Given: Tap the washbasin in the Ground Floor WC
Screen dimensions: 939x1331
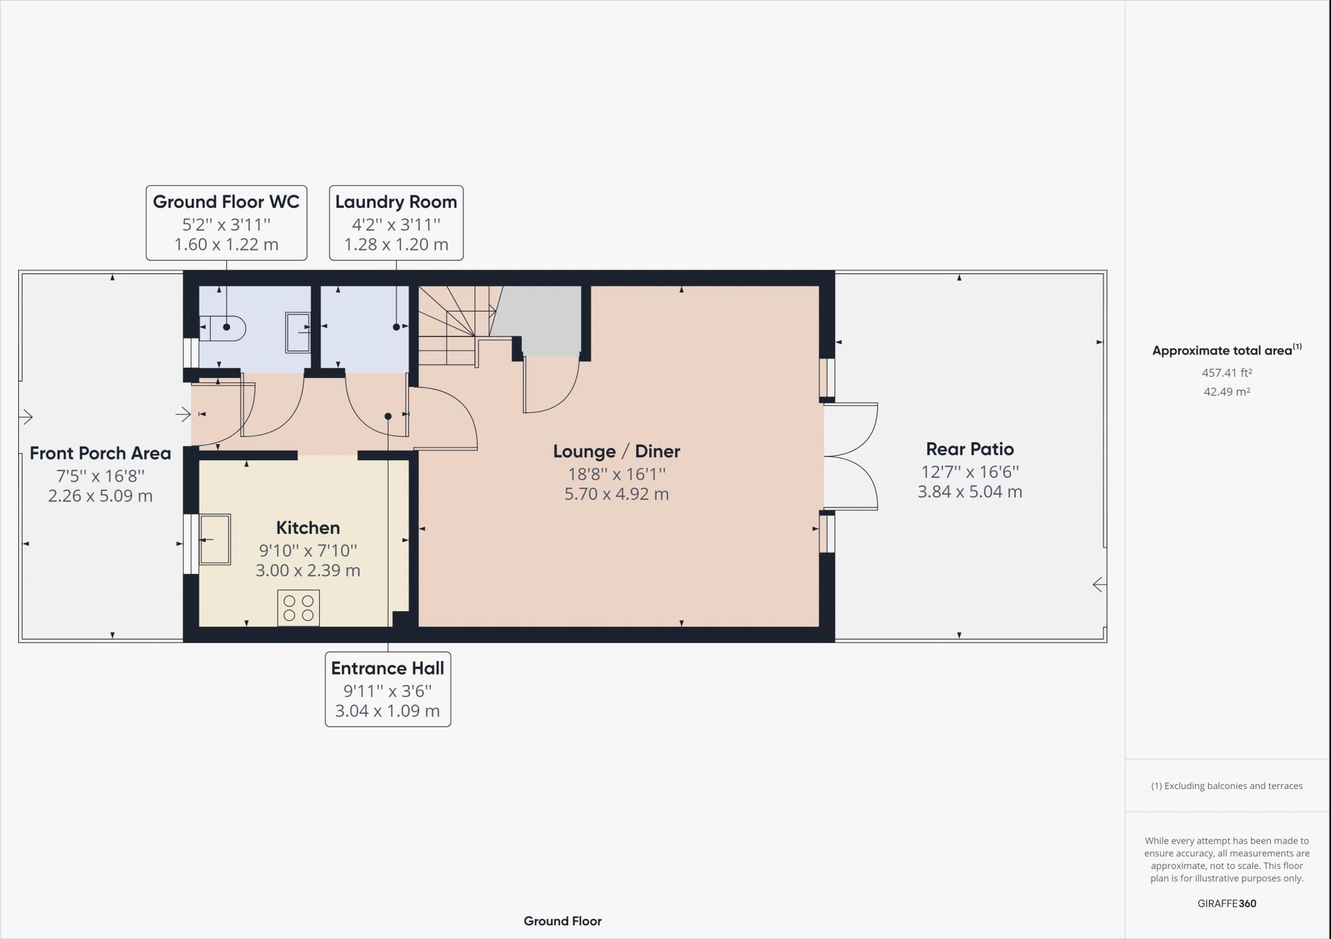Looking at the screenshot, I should coord(298,332).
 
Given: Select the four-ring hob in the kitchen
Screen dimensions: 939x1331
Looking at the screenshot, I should coord(298,608).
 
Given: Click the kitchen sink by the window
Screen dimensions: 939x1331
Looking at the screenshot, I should coord(214,539).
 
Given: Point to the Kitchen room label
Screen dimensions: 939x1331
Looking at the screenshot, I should coord(307,527).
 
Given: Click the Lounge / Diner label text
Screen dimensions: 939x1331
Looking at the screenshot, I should coord(616,451).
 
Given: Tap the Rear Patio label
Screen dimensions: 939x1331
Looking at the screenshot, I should coord(970,449).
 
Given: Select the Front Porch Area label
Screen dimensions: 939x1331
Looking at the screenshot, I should coord(100,453).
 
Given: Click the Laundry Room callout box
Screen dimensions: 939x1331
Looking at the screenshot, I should coord(396,223).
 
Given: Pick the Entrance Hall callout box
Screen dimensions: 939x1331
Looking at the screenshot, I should coord(387,689).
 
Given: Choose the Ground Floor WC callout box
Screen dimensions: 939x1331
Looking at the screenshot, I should coord(226,223).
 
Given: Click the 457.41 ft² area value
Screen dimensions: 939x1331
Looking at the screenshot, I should coord(1226,373).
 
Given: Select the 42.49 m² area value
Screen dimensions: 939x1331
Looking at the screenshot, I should coord(1226,392).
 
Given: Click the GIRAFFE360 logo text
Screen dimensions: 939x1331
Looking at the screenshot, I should coord(1226,903).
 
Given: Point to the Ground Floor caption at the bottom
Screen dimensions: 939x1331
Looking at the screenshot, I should coord(562,921).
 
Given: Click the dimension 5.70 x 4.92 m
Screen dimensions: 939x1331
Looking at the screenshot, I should coord(616,494).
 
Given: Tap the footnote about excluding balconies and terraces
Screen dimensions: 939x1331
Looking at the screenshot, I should coord(1226,786).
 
